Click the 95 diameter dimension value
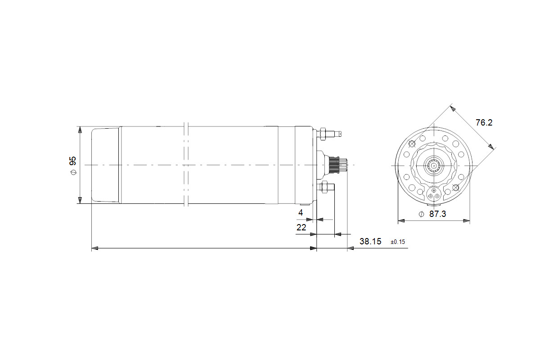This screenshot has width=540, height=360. [x=72, y=161]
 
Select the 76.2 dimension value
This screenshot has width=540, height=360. [x=484, y=123]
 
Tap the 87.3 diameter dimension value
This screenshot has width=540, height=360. [x=437, y=214]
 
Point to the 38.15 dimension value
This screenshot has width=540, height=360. [x=370, y=241]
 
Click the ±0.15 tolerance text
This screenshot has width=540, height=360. [x=398, y=242]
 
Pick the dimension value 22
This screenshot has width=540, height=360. [x=301, y=227]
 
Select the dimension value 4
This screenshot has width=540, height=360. [x=301, y=213]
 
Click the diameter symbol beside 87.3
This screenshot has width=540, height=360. [x=421, y=214]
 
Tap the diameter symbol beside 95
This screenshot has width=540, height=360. [x=73, y=172]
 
